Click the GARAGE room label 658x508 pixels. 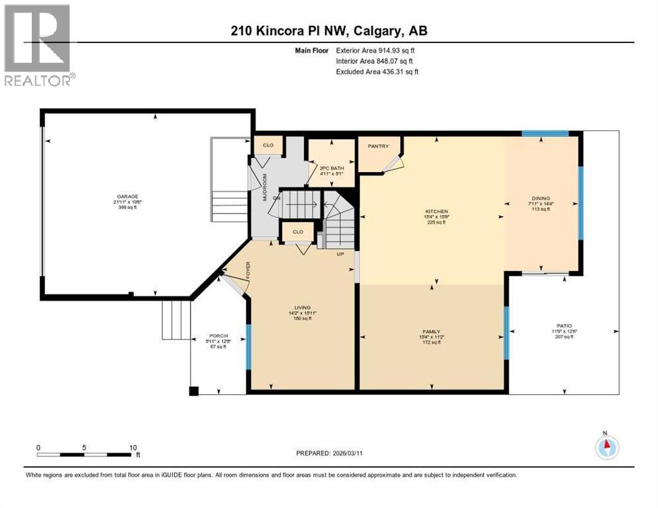tap(128, 196)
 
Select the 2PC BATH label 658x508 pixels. tap(328, 168)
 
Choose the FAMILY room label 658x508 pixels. tap(432, 331)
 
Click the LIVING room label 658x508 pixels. tap(303, 308)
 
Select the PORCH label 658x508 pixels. tap(218, 336)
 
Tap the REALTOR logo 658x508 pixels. tap(39, 46)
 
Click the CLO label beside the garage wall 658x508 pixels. tap(268, 145)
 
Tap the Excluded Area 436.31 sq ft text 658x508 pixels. tap(377, 71)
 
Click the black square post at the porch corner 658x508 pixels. tap(193, 391)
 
